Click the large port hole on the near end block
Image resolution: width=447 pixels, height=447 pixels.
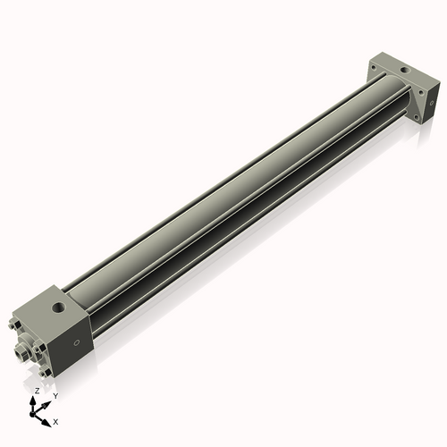click(x=58, y=308)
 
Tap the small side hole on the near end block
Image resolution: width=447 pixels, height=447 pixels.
click(x=78, y=343)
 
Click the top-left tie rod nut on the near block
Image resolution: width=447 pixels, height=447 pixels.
click(x=16, y=325)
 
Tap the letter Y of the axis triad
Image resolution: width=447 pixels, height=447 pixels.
click(x=55, y=395)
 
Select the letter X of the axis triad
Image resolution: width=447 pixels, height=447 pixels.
click(x=56, y=420)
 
